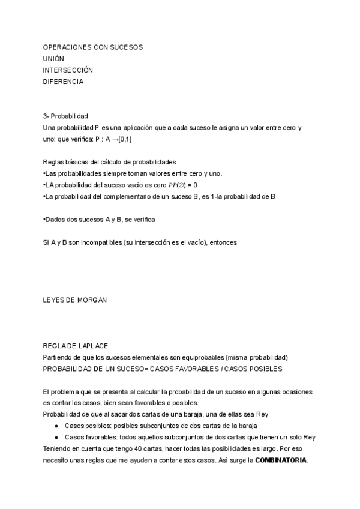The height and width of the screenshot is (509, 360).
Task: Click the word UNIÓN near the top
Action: (x=53, y=58)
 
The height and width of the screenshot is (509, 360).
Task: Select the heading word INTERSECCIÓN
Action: (x=68, y=70)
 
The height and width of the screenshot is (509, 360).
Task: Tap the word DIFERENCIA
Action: (x=63, y=82)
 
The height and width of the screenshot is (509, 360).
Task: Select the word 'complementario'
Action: (x=118, y=196)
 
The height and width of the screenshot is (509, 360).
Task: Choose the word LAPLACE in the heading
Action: (x=91, y=345)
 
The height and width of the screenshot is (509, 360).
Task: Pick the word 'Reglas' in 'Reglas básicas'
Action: (x=53, y=162)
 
